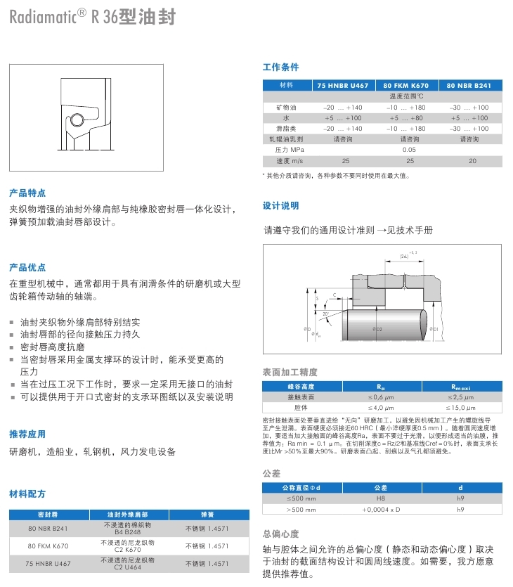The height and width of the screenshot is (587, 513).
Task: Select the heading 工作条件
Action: coord(280,67)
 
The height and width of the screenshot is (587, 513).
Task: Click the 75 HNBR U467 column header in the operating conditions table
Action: coord(343,85)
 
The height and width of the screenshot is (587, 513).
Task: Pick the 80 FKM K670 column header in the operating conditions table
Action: coord(405,85)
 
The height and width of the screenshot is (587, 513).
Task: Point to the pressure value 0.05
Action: coord(408,150)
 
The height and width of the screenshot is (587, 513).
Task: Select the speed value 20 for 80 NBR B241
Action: coord(472,161)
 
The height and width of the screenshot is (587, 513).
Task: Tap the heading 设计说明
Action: coord(280,206)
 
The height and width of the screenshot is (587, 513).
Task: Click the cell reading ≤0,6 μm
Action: coord(381,396)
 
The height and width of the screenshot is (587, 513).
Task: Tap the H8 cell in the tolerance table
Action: coord(381,497)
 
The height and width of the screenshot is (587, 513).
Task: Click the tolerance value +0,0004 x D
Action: coord(381,508)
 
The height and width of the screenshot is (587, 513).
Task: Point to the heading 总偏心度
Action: coord(280,534)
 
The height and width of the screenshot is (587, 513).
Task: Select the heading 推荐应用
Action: coord(27,434)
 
